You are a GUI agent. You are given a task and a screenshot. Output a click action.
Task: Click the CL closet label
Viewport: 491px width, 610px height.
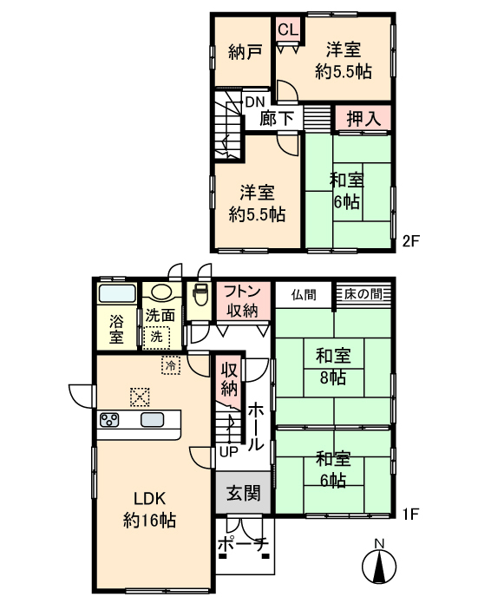tap(288, 30)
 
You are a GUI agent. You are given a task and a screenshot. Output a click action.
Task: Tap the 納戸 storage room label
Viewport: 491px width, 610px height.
tap(245, 52)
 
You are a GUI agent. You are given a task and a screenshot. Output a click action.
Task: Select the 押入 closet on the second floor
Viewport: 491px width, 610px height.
tap(363, 118)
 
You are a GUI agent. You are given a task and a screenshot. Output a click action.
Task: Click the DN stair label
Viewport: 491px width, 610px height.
tap(255, 102)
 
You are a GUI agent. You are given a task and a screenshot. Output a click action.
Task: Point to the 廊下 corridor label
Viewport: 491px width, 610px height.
tap(277, 118)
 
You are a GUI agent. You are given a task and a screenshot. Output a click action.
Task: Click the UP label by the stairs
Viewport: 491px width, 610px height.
tap(229, 452)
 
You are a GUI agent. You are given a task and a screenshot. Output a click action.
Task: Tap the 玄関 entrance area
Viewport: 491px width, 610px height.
tap(243, 493)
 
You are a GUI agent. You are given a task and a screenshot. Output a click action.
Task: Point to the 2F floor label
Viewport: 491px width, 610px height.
tap(411, 241)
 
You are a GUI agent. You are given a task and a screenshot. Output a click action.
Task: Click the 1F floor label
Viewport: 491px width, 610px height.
tap(411, 515)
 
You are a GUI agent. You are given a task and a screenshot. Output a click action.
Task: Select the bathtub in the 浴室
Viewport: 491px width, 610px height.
tap(117, 293)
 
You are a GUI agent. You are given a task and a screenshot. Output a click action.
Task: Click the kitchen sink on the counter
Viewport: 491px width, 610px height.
tap(152, 420)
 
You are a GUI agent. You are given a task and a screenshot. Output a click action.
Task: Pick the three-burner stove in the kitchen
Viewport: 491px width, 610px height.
tap(109, 420)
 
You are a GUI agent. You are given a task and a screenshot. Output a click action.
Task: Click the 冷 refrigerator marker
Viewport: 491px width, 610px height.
tap(171, 365)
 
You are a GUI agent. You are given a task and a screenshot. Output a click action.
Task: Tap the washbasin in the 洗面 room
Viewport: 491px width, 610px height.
tap(162, 292)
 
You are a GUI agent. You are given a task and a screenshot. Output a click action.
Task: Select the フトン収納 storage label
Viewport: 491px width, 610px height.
tap(243, 301)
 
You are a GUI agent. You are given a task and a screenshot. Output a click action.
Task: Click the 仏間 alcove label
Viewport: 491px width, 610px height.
tap(304, 295)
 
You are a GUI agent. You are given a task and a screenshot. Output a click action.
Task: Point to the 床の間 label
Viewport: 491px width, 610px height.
tap(363, 293)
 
